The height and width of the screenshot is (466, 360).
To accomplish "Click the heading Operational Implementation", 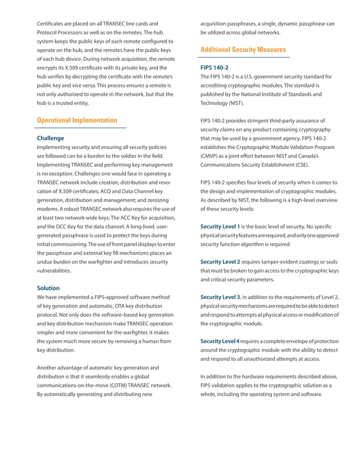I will coord(77,120).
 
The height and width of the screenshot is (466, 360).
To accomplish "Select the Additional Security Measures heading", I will coord(243,50).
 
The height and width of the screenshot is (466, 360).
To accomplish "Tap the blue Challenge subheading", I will coord(50,138).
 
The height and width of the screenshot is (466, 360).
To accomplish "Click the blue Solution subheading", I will coord(48,288).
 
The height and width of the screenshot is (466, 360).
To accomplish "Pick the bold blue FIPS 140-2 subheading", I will coord(214,67).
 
